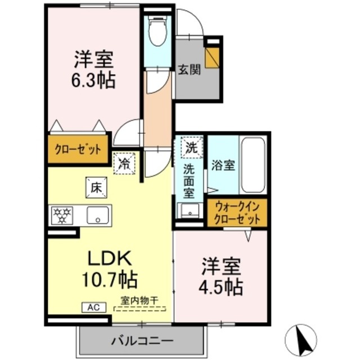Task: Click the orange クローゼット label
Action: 78,150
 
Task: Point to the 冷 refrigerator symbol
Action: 125,164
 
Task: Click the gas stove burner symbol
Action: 62,214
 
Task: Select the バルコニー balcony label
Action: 142,341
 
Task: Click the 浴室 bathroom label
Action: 223,166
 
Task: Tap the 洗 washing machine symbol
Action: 191,150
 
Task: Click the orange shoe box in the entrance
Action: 212,57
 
